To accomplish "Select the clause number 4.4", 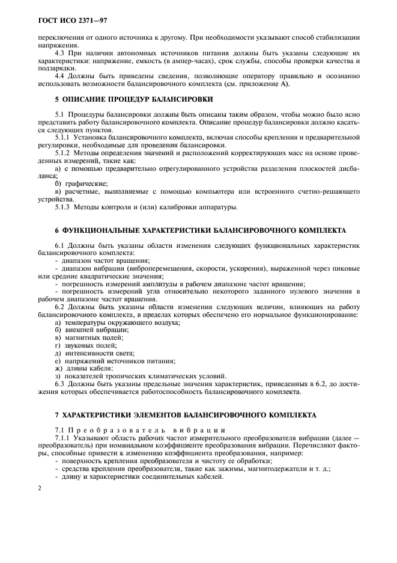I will click(61, 76).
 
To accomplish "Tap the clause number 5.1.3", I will click(64, 208).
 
